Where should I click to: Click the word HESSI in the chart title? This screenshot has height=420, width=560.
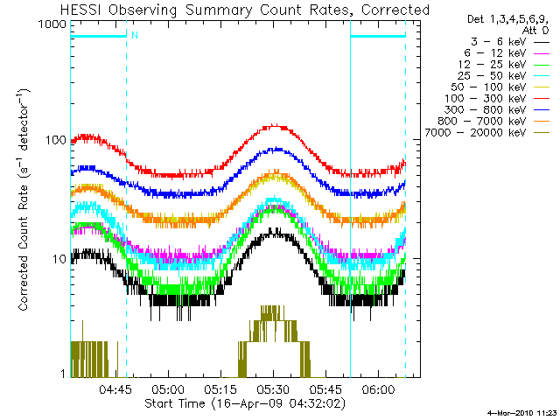[85, 10]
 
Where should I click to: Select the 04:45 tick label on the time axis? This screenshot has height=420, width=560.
[115, 391]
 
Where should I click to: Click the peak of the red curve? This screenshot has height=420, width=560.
[275, 125]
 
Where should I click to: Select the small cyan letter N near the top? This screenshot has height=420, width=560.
[135, 35]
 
